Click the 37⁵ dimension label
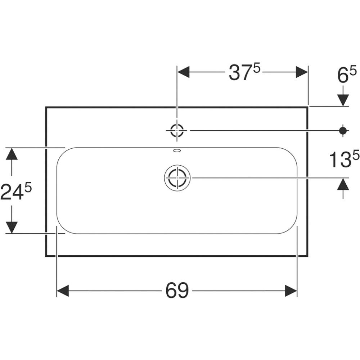pyautogui.click(x=244, y=72)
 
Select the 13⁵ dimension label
pyautogui.click(x=344, y=159)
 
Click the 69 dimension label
pyautogui.click(x=177, y=291)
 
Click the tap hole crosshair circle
pyautogui.click(x=177, y=130)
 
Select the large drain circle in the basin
pyautogui.click(x=177, y=177)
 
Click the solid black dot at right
pyautogui.click(x=343, y=130)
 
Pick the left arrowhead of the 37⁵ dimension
pyautogui.click(x=184, y=72)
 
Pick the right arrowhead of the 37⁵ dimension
pyautogui.click(x=302, y=72)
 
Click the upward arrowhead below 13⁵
pyautogui.click(x=343, y=184)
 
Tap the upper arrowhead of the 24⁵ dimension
pyautogui.click(x=12, y=154)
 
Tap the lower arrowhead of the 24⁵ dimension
pyautogui.click(x=12, y=227)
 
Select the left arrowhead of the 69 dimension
pyautogui.click(x=63, y=291)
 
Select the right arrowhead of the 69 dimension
pyautogui.click(x=291, y=291)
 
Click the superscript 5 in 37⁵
pyautogui.click(x=256, y=68)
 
